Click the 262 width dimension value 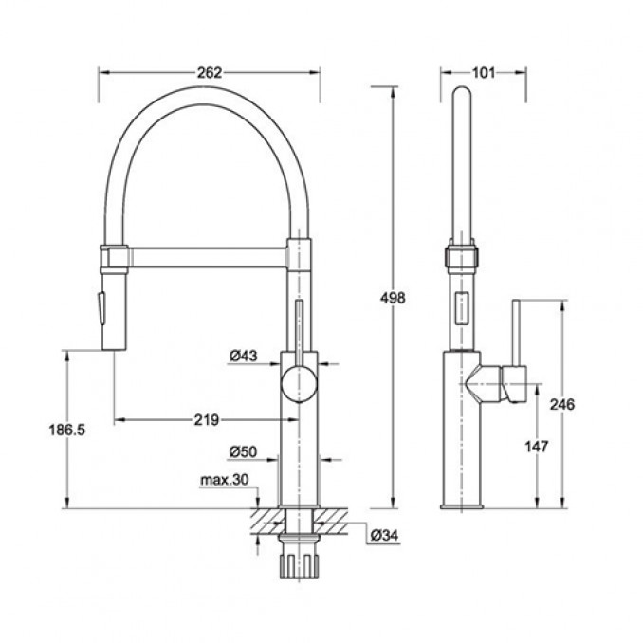pyautogui.click(x=210, y=73)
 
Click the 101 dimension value pyautogui.click(x=484, y=73)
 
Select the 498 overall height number pyautogui.click(x=393, y=298)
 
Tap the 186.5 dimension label pyautogui.click(x=66, y=430)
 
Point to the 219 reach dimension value pyautogui.click(x=206, y=419)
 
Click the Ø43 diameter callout pyautogui.click(x=243, y=356)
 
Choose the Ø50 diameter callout pyautogui.click(x=243, y=451)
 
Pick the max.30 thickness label pyautogui.click(x=225, y=479)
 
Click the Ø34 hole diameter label pyautogui.click(x=384, y=535)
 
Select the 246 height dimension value pyautogui.click(x=562, y=404)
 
